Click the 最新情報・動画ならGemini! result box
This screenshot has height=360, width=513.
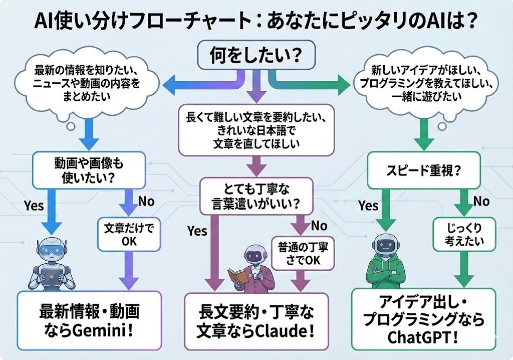pos(89,320)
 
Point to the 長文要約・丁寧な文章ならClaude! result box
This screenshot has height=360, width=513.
pos(256,321)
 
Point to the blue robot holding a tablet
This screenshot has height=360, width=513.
pos(50,263)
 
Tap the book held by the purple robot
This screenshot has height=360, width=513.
pos(237,275)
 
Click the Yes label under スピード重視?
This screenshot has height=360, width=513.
pos(368,205)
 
